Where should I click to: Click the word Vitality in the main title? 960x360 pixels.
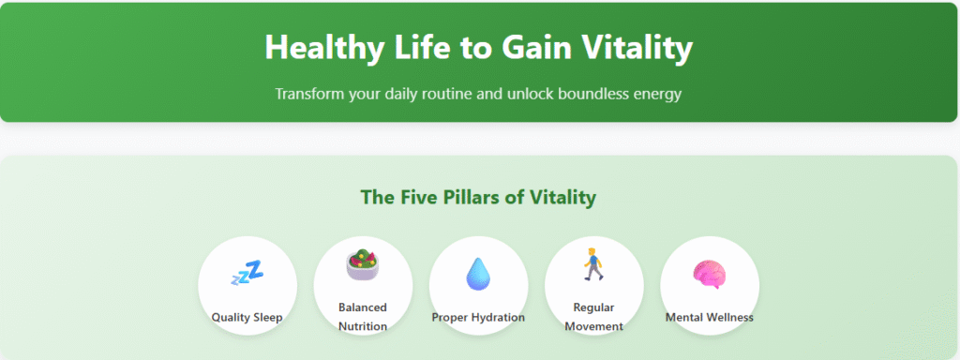(639, 47)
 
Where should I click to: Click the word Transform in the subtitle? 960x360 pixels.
(308, 95)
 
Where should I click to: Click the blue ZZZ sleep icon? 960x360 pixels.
(247, 274)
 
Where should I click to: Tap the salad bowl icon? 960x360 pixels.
(363, 265)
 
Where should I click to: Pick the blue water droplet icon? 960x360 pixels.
(478, 273)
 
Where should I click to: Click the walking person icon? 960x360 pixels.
(593, 265)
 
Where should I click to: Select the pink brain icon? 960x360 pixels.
(709, 274)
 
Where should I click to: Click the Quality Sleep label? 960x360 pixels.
(247, 317)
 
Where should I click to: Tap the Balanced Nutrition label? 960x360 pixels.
(363, 317)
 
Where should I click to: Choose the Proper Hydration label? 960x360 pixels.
(478, 317)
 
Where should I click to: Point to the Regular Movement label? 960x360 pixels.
(593, 317)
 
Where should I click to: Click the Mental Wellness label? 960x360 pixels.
(709, 317)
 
